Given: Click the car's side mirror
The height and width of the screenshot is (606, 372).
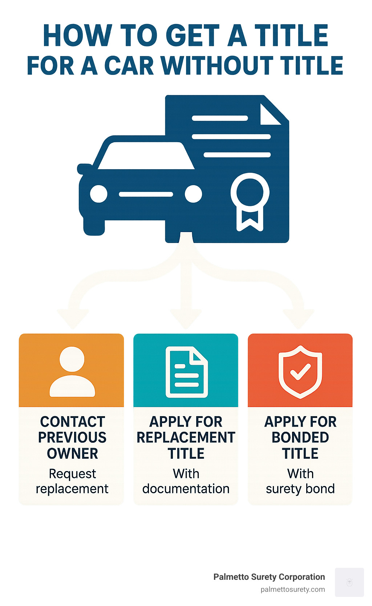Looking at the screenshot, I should point(84,168).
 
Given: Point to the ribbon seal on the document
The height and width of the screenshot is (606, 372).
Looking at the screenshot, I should point(250,200).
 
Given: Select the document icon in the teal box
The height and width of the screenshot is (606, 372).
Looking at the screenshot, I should point(186,372).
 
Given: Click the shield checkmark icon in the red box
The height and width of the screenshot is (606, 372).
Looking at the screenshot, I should point(300,372).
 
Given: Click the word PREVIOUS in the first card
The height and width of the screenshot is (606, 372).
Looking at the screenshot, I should point(72,438).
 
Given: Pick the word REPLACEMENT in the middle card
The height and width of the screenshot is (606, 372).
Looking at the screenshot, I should point(186,438).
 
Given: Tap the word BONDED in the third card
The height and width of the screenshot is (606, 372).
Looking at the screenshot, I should point(300,438).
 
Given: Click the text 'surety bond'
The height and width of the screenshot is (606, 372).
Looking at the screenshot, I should point(300,489).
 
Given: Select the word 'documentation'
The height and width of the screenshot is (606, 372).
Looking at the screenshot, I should point(186,489).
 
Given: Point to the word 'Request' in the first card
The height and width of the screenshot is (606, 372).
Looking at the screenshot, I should point(72,474).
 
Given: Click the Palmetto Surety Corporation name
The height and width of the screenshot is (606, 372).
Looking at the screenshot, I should point(269,577).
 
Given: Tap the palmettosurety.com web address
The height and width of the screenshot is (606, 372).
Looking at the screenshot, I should point(292,589).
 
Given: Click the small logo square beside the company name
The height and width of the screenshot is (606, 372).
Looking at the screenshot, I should point(349,582).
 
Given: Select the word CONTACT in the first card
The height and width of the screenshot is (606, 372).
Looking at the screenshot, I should point(72,422).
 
